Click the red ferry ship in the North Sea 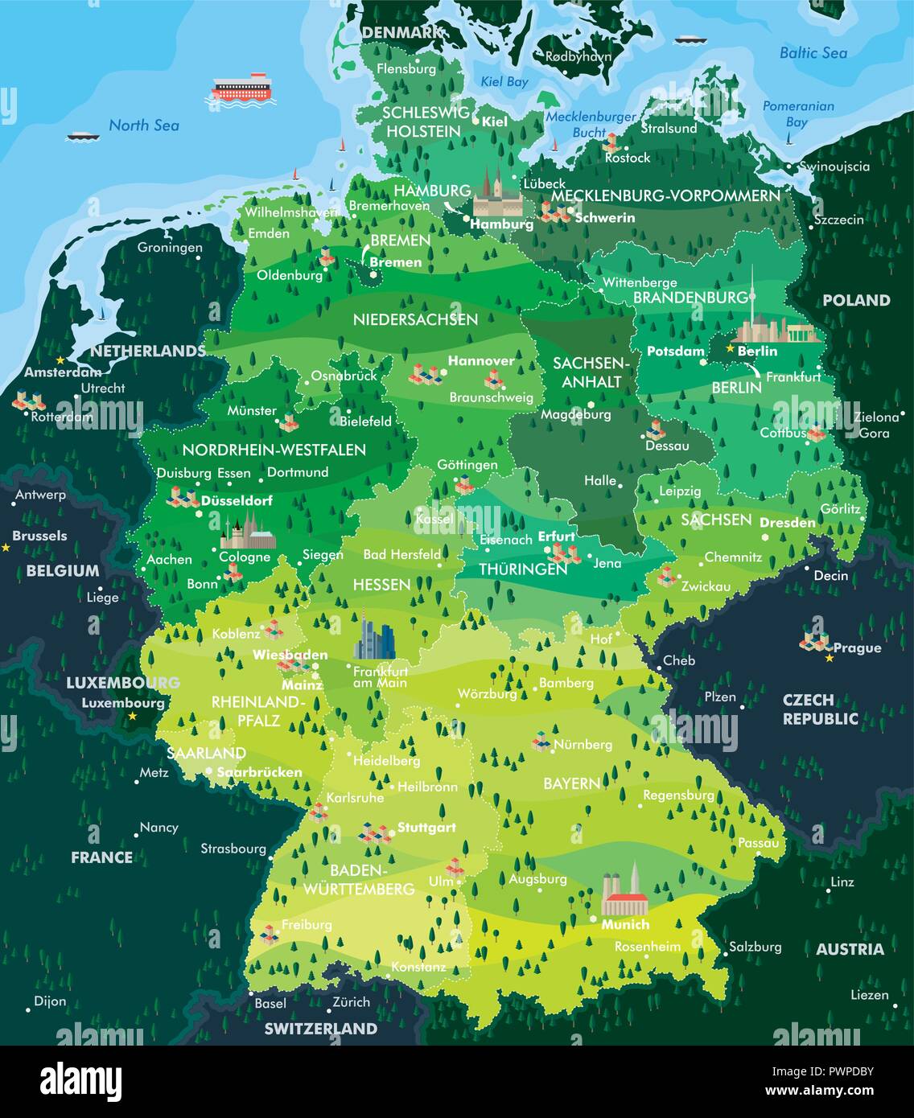243,87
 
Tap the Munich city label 625,925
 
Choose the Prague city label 857,648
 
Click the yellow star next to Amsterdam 60,360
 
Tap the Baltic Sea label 813,53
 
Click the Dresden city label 788,522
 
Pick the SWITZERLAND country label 320,1029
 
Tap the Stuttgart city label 426,827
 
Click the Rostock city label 628,158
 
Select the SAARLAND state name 206,753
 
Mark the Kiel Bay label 504,82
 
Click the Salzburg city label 755,947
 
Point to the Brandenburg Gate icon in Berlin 805,335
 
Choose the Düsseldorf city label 237,500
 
